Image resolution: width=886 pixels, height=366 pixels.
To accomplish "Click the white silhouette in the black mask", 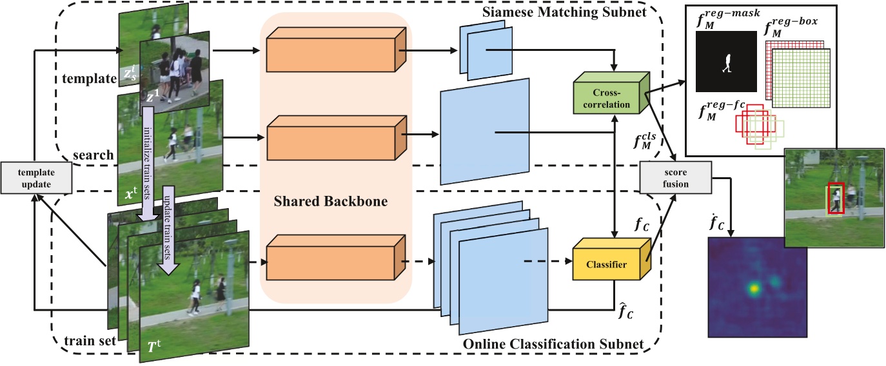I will (726, 63).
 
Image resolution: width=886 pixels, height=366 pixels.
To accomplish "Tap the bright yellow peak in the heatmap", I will (753, 289).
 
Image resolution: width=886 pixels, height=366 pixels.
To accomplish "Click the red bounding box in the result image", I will (836, 198).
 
